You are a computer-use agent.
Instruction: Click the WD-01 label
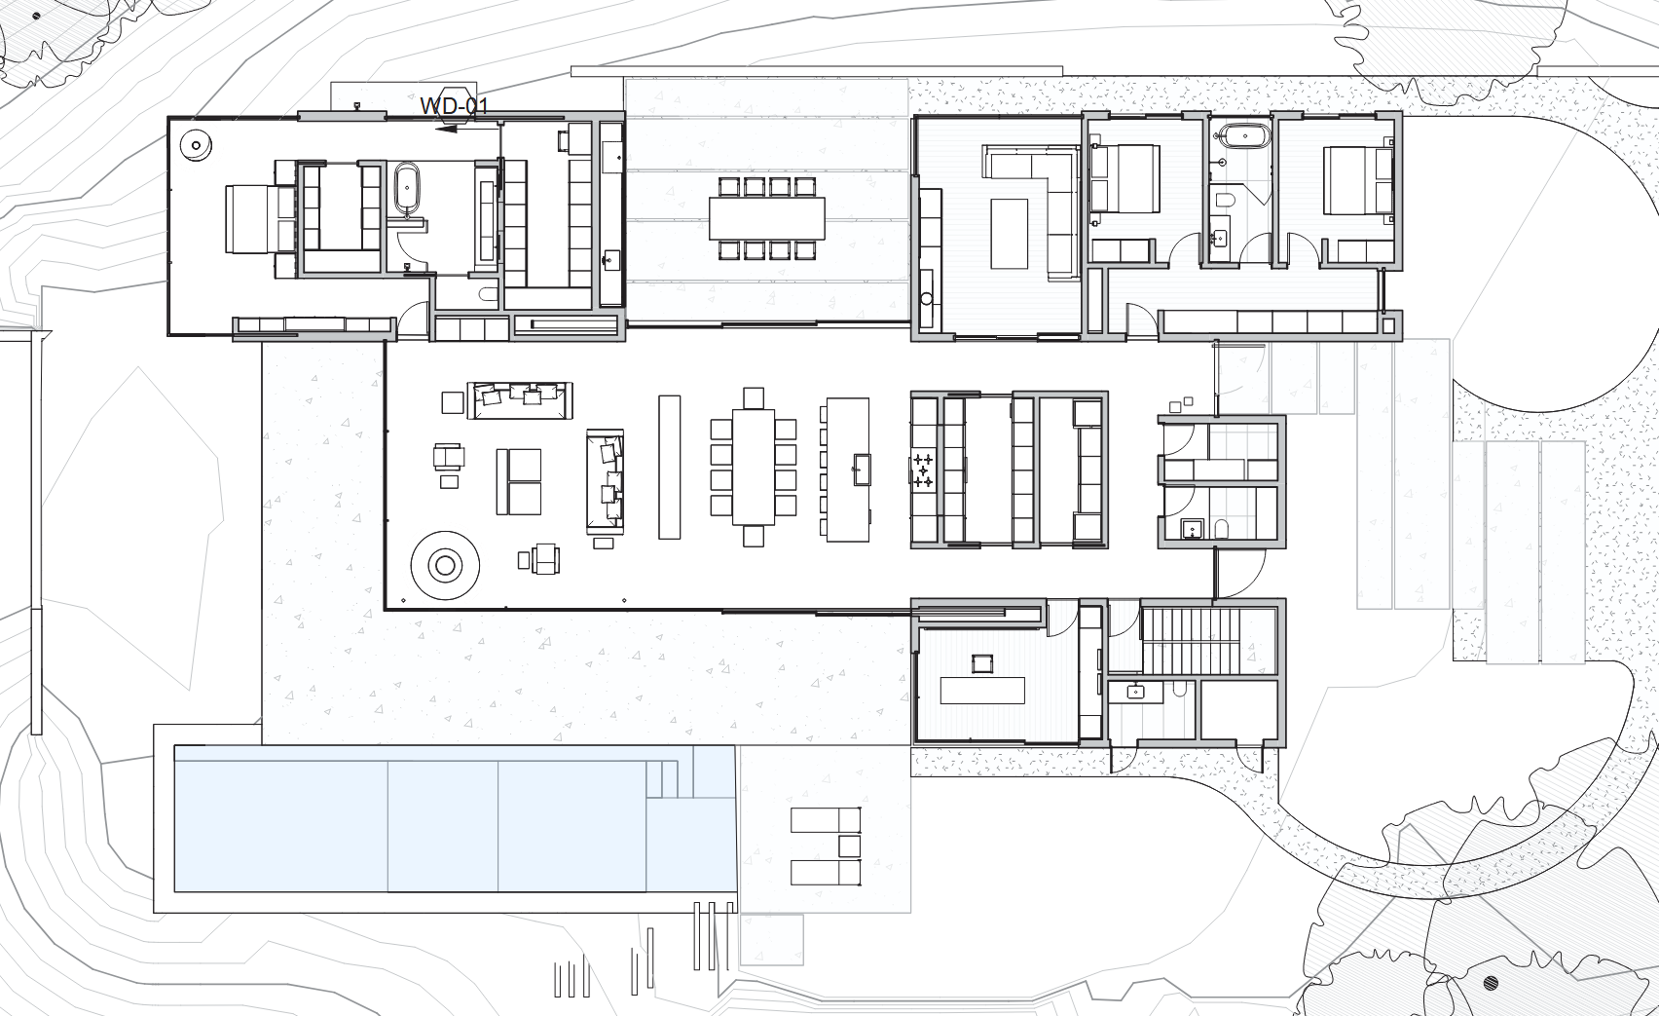pyautogui.click(x=454, y=106)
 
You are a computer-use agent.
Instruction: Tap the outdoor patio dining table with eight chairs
pyautogui.click(x=766, y=218)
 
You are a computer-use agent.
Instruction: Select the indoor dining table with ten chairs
pyautogui.click(x=754, y=467)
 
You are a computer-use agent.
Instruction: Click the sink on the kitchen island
pyautogui.click(x=861, y=470)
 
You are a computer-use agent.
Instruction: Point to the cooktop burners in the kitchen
pyautogui.click(x=923, y=471)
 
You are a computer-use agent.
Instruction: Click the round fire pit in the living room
pyautogui.click(x=445, y=565)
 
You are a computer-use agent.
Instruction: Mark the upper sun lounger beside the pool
pyautogui.click(x=825, y=820)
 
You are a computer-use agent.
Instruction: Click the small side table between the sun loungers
pyautogui.click(x=850, y=847)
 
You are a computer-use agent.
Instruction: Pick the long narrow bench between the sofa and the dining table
pyautogui.click(x=669, y=467)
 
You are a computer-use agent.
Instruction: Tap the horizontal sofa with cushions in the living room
pyautogui.click(x=520, y=400)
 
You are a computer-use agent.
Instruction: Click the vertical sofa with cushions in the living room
pyautogui.click(x=606, y=481)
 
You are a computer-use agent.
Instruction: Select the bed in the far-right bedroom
pyautogui.click(x=1357, y=180)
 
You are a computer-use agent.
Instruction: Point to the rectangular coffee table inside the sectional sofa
pyautogui.click(x=1009, y=233)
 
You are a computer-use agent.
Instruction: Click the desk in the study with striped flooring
pyautogui.click(x=982, y=690)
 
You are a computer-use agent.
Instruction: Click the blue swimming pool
pyautogui.click(x=455, y=818)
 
